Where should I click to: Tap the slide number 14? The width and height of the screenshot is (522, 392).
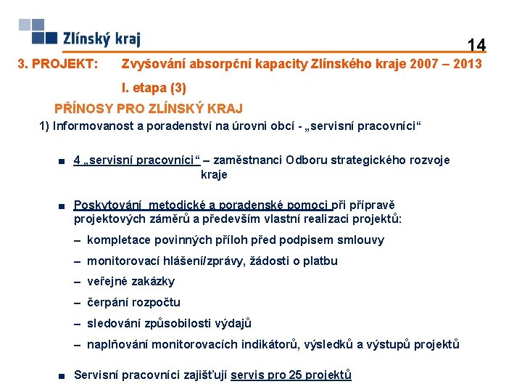click(x=476, y=45)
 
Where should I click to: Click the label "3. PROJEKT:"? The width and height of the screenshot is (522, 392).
click(x=57, y=65)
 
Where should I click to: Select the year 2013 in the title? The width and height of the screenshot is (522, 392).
click(x=465, y=65)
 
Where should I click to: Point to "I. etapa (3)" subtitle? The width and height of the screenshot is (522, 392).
click(x=154, y=88)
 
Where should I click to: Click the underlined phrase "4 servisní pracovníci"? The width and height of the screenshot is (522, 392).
click(x=137, y=160)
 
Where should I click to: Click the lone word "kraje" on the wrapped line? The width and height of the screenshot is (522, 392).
click(x=214, y=174)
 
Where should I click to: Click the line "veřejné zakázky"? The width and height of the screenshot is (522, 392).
click(x=130, y=282)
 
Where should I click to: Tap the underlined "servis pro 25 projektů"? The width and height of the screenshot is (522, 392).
click(x=291, y=375)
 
